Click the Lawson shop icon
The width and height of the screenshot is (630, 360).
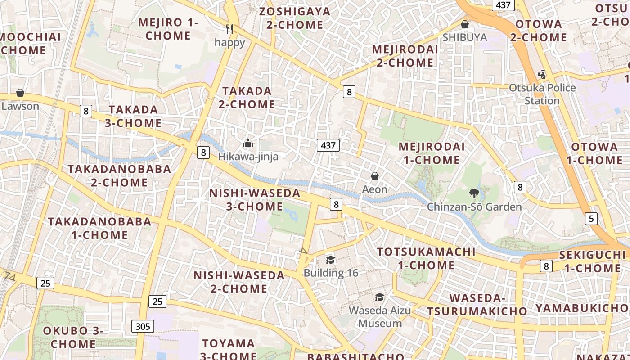coord(20,93)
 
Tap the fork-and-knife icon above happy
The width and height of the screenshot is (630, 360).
coord(230,29)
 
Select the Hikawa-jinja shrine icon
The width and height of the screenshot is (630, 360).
coord(248,144)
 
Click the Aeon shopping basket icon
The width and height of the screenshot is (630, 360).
coord(374,176)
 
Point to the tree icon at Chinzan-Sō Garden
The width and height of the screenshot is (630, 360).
coord(474,193)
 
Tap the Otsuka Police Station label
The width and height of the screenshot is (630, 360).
coord(542,94)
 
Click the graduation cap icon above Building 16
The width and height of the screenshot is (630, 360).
coord(331,260)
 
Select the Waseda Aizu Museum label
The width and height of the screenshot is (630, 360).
coord(380,317)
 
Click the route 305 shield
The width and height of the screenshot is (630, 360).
coord(143,326)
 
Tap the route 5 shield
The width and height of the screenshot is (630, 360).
coord(591,219)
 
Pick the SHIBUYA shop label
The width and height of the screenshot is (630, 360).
coord(465,37)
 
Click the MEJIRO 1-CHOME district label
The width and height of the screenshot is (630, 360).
coord(168,29)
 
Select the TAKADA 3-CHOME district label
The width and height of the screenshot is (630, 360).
coord(133,116)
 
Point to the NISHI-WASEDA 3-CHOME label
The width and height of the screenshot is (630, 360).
coord(255,200)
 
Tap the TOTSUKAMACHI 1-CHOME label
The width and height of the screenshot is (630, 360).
coord(426,258)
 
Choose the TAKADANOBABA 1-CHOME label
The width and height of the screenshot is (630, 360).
coord(99,228)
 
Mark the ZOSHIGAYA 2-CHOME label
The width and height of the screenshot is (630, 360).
coord(295,18)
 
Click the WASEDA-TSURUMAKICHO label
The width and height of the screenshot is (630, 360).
coord(477,305)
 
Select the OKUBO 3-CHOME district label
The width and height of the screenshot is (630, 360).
coord(73,337)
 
